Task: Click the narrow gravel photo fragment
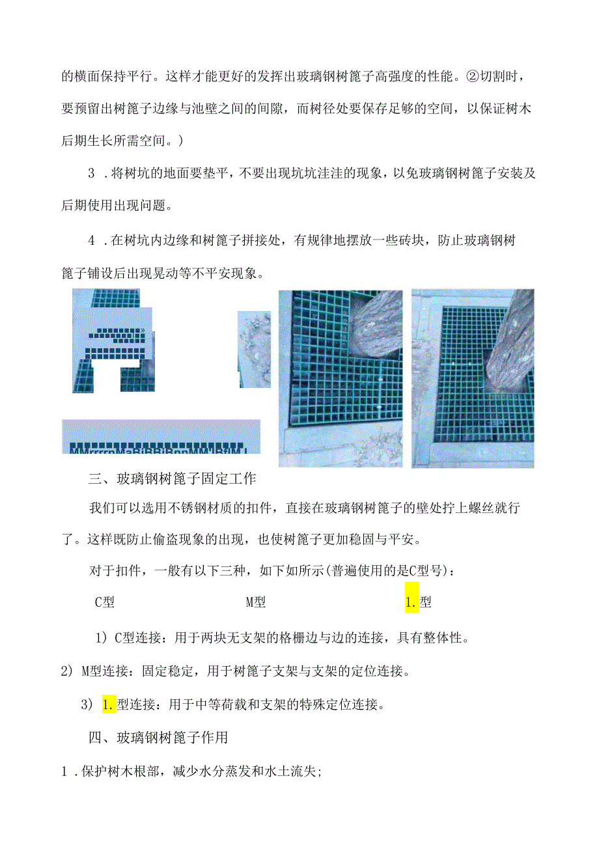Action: [254, 349]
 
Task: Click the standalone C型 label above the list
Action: [105, 603]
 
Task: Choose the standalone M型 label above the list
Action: [255, 603]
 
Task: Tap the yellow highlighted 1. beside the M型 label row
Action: [411, 603]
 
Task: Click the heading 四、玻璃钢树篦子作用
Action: [158, 738]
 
